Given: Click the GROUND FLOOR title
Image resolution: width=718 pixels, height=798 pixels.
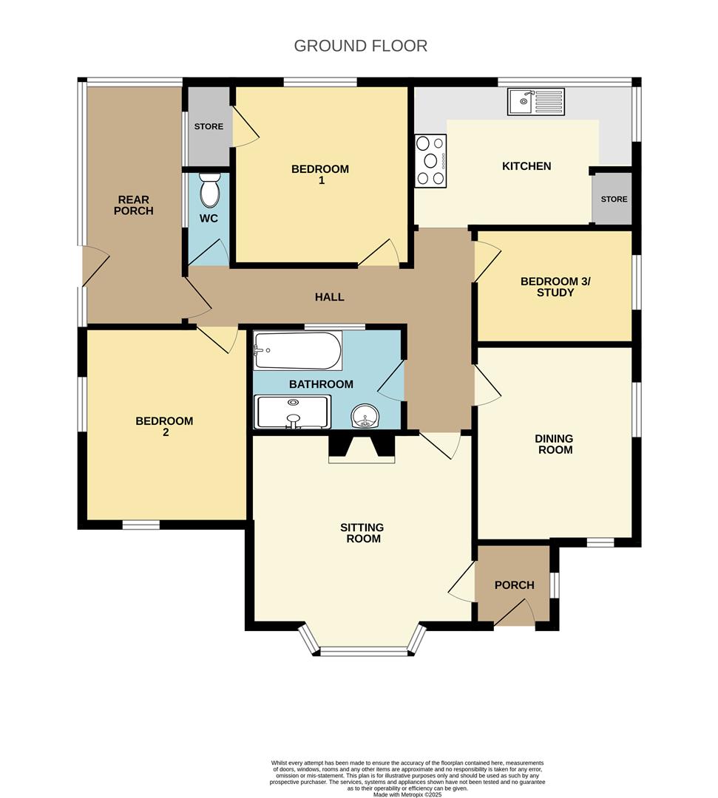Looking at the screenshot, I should tap(360, 46).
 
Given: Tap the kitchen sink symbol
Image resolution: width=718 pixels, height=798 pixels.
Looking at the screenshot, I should tap(535, 101).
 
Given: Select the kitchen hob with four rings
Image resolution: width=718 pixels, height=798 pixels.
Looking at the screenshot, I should tap(430, 160).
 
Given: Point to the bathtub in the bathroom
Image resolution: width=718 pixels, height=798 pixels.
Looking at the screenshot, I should tap(297, 350).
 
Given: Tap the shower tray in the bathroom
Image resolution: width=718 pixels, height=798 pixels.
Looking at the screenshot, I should tap(292, 412).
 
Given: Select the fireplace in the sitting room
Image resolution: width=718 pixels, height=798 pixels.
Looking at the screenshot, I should tap(361, 448).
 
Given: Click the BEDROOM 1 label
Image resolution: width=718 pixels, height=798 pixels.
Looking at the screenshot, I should tap(319, 174).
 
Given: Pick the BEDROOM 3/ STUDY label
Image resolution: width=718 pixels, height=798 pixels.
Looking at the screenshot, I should tap(548, 287).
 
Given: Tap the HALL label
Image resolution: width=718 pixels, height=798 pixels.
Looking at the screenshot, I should tap(329, 297).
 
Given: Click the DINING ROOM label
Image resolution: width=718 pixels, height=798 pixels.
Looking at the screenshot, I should tap(555, 443).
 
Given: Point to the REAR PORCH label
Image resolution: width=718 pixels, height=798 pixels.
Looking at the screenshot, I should tap(134, 205).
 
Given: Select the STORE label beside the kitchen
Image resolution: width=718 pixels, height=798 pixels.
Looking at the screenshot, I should tap(614, 199).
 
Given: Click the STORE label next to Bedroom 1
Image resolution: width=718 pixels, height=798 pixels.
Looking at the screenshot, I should tap(209, 126).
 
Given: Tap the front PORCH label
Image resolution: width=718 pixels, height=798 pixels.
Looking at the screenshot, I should tap(514, 585).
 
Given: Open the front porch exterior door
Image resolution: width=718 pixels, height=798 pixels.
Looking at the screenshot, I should tap(515, 615).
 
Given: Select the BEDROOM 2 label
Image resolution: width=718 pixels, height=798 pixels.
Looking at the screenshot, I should tap(164, 426).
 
